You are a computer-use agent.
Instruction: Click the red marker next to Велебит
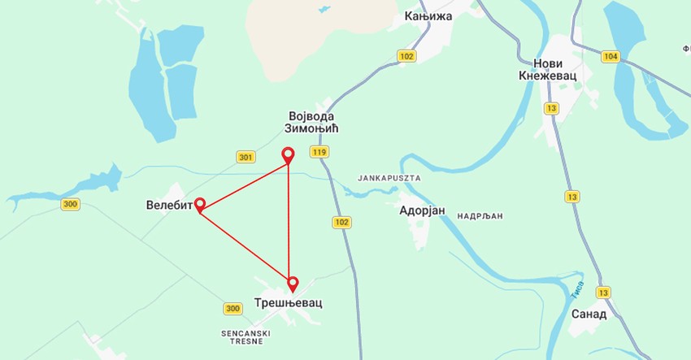pos(199,205)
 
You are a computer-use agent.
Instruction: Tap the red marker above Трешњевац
pos(293,284)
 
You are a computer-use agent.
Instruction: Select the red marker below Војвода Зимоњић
pos(287,154)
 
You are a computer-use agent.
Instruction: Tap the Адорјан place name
pos(423,210)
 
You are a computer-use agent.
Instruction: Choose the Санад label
pos(589,314)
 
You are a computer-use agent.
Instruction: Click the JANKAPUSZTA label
pos(388,177)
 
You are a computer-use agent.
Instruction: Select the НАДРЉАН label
pos(480,216)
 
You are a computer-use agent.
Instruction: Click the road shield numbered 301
pos(246,157)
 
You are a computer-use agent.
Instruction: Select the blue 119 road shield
pos(319,152)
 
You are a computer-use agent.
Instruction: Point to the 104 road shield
pos(611,56)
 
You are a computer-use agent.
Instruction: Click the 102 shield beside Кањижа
pos(407,56)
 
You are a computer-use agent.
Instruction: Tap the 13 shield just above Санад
pos(602,293)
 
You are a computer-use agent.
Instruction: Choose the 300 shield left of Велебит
pos(70,204)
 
